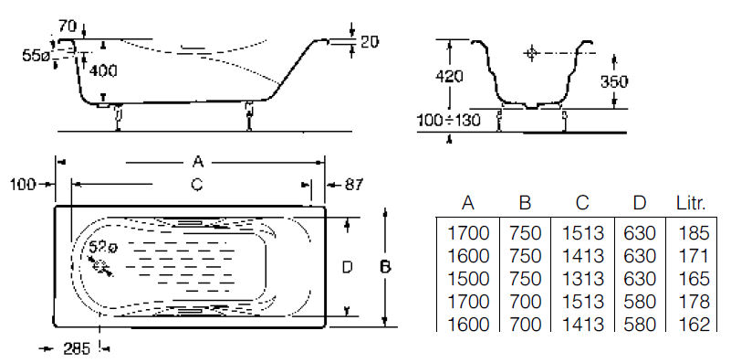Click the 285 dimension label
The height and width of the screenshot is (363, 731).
[76, 348]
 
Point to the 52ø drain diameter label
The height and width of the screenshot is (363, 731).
[103, 248]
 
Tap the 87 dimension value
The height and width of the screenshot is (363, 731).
[354, 185]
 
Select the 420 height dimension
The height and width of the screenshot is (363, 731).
[448, 76]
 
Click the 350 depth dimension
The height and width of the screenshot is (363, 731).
[614, 81]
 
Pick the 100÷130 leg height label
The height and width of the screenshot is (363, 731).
[448, 120]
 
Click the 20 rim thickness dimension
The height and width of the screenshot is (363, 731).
[370, 42]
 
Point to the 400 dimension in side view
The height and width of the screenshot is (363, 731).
[103, 71]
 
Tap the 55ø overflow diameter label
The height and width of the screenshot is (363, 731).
[36, 56]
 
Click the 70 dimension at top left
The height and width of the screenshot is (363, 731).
[68, 27]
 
